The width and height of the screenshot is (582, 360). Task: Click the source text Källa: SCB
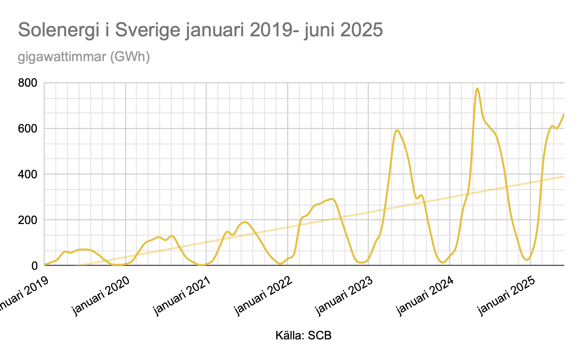point(303,336)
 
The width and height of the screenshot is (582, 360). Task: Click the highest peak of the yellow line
point(477,89)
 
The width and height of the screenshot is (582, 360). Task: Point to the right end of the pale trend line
point(563,176)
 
